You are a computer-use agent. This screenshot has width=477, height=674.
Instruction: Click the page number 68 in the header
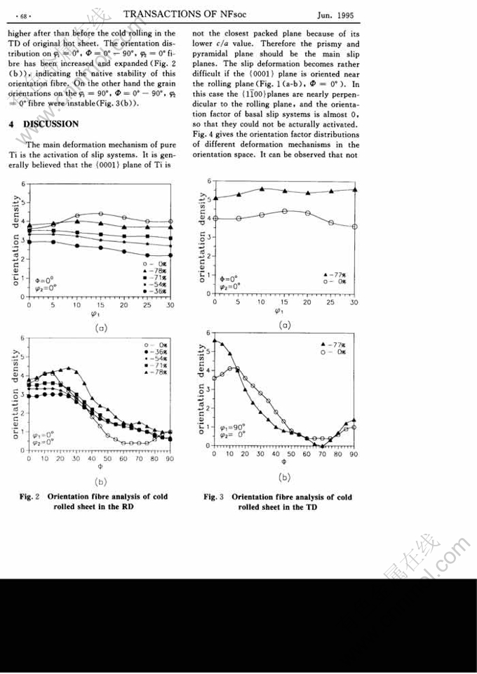click(x=22, y=15)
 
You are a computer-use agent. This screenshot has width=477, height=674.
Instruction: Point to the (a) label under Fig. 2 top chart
click(x=100, y=327)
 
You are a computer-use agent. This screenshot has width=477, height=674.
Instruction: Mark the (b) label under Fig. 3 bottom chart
click(x=284, y=477)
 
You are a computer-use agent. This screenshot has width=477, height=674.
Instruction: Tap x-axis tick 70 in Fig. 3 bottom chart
click(x=323, y=454)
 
